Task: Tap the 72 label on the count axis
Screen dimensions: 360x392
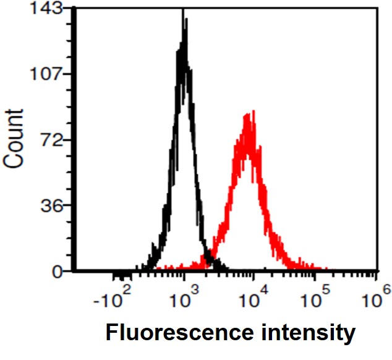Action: pos(55,140)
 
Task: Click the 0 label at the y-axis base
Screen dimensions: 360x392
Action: pos(60,271)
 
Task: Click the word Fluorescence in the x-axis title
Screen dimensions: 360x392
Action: pos(176,333)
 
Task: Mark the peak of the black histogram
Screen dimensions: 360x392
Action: pos(184,11)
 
